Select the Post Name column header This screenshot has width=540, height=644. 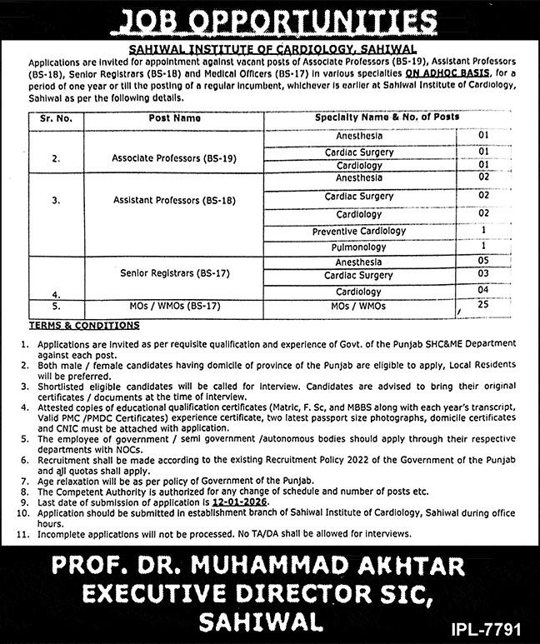pos(175,118)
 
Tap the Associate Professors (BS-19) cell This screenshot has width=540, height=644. pos(162,157)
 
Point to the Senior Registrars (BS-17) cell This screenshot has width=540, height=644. pos(162,272)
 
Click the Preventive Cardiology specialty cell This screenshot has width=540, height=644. pos(359,232)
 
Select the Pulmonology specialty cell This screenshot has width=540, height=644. pos(359,247)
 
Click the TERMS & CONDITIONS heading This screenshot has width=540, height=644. pos(84,326)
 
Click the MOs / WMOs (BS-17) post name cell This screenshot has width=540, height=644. pos(162,307)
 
